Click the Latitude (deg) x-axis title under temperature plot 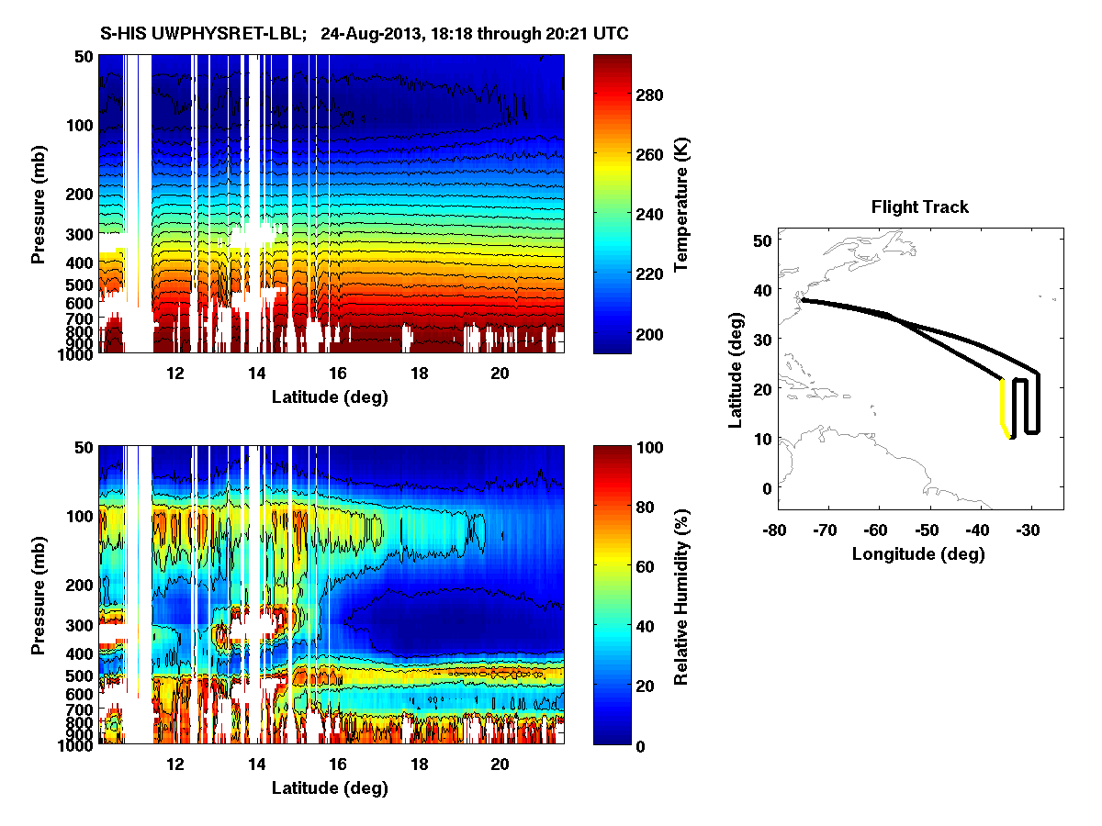coord(330,397)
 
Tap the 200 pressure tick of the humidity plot coord(80,585)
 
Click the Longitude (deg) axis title coord(918,553)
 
